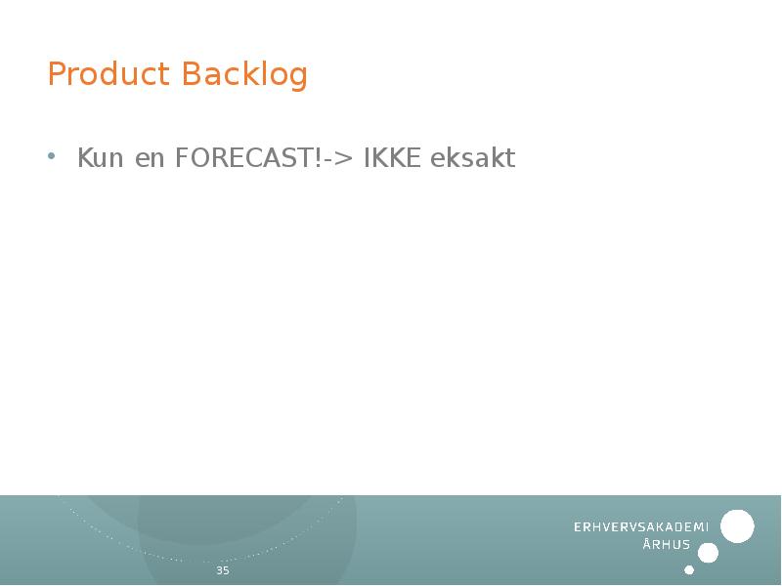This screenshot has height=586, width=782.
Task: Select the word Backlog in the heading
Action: coord(244,74)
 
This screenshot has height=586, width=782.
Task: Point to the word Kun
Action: coord(102,158)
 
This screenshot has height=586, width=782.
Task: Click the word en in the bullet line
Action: coord(151,158)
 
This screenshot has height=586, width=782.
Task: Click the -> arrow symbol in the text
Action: coord(339,158)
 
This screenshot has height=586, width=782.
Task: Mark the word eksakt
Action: coord(473,158)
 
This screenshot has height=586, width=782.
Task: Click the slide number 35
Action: coord(223,570)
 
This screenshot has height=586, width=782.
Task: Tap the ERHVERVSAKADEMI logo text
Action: coord(640,527)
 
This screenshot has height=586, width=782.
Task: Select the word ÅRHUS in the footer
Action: coord(667,545)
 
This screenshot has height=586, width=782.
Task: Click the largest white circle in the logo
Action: coord(737,526)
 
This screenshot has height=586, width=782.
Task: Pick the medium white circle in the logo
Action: coord(709,553)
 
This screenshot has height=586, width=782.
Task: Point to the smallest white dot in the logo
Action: coord(689,569)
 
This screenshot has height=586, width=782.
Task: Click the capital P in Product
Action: coord(57,74)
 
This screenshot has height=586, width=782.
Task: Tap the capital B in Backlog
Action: coord(192,74)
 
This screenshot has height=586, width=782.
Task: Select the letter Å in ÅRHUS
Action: coord(647,544)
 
